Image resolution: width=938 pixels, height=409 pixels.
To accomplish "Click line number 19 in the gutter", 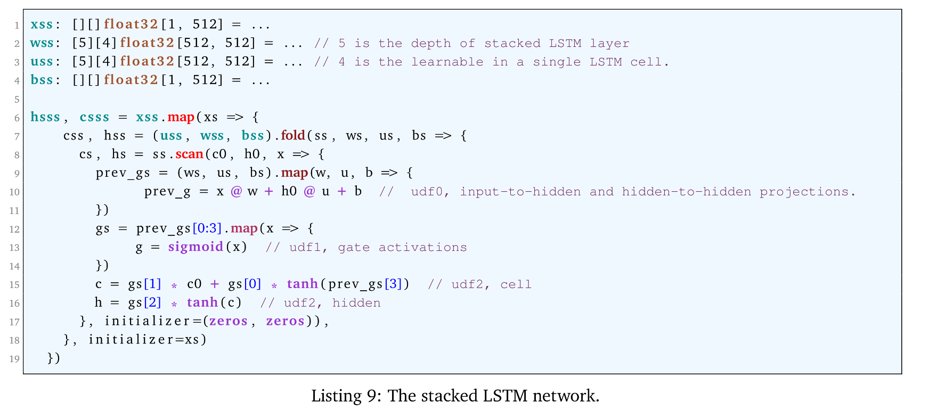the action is click(14, 359).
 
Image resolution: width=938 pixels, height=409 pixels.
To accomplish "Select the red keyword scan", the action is click(190, 154).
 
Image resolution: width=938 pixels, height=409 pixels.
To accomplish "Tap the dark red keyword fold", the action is click(293, 135).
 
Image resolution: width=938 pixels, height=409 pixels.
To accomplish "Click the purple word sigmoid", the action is click(195, 247).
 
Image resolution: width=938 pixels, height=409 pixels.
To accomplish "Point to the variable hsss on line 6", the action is click(45, 117).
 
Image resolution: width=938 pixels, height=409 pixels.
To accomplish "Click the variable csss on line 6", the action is click(94, 117).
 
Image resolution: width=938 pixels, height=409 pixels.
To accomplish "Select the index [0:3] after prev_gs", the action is click(207, 228).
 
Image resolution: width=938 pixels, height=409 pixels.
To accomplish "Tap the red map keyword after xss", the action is click(181, 117).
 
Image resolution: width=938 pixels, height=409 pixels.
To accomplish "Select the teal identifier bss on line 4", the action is click(42, 80).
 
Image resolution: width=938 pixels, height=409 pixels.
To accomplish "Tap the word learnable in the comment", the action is click(447, 62).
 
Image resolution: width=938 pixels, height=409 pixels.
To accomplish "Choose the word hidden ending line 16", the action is click(356, 302).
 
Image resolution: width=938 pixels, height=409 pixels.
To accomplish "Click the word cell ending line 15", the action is click(516, 284).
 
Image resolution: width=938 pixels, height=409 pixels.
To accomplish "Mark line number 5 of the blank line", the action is click(17, 100).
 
